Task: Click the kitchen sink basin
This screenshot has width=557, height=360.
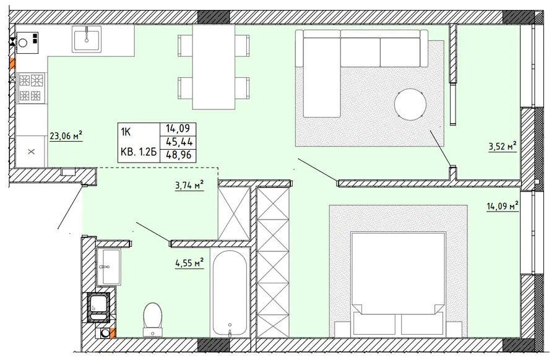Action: click(87, 39)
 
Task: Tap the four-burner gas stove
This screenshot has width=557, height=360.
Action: click(31, 87)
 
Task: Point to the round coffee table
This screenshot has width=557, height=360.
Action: click(410, 105)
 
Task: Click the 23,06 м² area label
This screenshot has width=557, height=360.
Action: click(66, 136)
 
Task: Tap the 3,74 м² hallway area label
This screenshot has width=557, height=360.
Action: click(189, 185)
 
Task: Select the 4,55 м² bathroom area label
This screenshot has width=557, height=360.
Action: click(189, 263)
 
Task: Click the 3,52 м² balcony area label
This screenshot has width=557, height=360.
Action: click(503, 146)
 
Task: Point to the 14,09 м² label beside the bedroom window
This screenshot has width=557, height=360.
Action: click(503, 206)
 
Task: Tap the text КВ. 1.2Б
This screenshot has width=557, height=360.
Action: click(139, 152)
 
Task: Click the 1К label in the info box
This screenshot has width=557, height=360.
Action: click(126, 132)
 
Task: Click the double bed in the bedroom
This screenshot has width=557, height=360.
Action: click(398, 284)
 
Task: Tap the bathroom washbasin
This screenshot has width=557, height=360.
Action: click(109, 266)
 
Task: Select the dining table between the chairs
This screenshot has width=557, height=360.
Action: click(214, 67)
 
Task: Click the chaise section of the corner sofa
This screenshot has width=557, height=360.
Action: click(322, 92)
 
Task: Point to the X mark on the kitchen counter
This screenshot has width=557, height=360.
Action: click(32, 152)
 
